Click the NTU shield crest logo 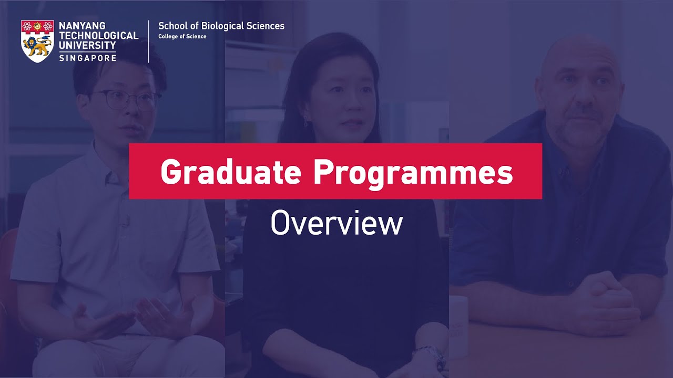pos(37,41)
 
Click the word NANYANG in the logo pos(82,26)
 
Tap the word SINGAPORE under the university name pos(88,58)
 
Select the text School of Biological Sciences pos(221,26)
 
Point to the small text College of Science pos(182,37)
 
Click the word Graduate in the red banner pos(230,171)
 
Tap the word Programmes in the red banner pos(413,172)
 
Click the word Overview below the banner pos(336,223)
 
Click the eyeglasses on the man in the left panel pos(126,100)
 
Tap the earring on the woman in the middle pos(305,122)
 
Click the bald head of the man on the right pos(578,52)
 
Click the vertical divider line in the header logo pos(149,41)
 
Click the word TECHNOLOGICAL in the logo pos(99,36)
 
